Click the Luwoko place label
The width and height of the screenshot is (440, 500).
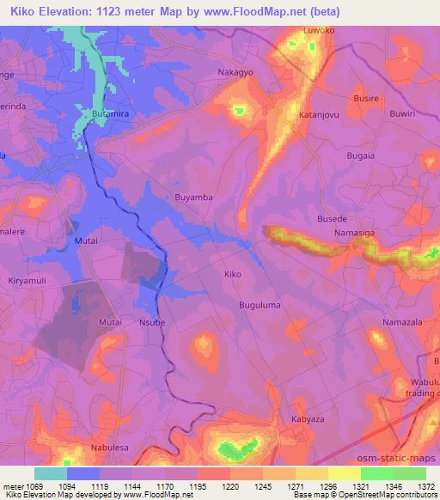[x=317, y=32]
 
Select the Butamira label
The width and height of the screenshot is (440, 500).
[x=110, y=113]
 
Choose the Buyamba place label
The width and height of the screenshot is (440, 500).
[x=193, y=197]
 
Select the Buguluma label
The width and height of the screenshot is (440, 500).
[x=260, y=305]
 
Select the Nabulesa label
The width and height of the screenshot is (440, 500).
[x=110, y=448]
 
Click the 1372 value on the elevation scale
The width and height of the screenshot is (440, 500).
[x=425, y=487]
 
